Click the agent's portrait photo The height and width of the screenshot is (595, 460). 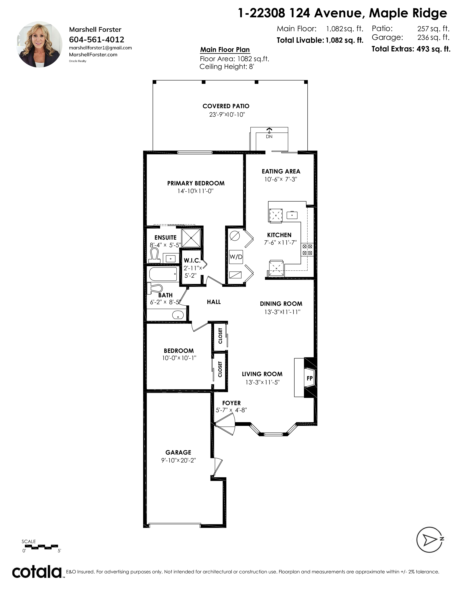(x=40, y=44)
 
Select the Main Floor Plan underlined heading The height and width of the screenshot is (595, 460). (x=225, y=50)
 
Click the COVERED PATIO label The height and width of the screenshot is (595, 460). (x=226, y=106)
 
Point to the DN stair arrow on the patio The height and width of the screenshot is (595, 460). (x=269, y=133)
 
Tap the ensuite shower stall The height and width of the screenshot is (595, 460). (x=191, y=238)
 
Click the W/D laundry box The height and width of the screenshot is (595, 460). (x=236, y=257)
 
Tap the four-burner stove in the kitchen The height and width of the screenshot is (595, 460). (x=307, y=250)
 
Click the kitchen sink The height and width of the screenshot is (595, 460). (x=292, y=215)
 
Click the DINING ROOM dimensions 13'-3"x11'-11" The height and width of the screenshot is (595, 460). (x=282, y=312)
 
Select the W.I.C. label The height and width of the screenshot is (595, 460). (x=192, y=261)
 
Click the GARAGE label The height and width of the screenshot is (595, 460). (x=178, y=452)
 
